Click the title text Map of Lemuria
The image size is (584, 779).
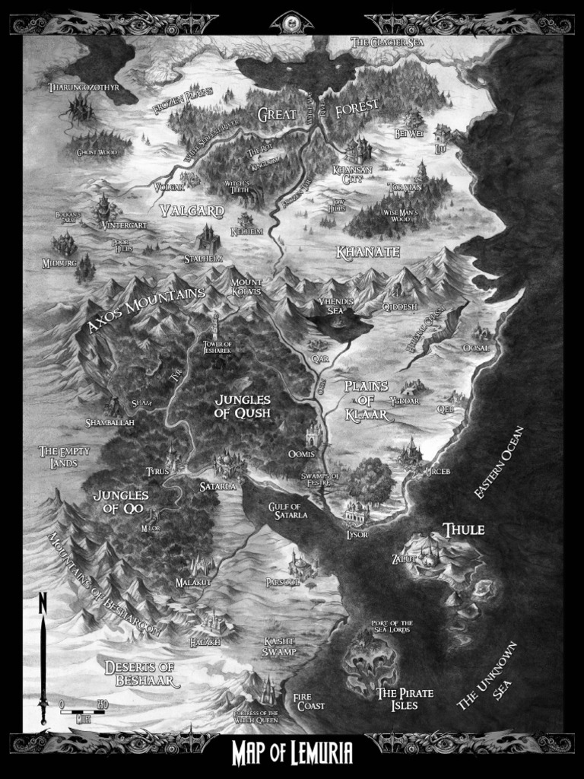292,753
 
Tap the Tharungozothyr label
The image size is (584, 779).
84,87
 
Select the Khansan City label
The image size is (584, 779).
352,175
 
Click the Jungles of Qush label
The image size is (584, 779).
243,406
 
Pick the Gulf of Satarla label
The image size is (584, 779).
287,511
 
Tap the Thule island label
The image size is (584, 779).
464,529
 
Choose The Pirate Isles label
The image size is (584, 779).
405,698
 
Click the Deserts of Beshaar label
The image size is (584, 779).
141,673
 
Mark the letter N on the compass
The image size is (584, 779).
43,605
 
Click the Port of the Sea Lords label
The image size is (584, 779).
392,627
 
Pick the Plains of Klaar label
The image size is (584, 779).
367,400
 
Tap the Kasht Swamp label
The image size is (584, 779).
279,647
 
